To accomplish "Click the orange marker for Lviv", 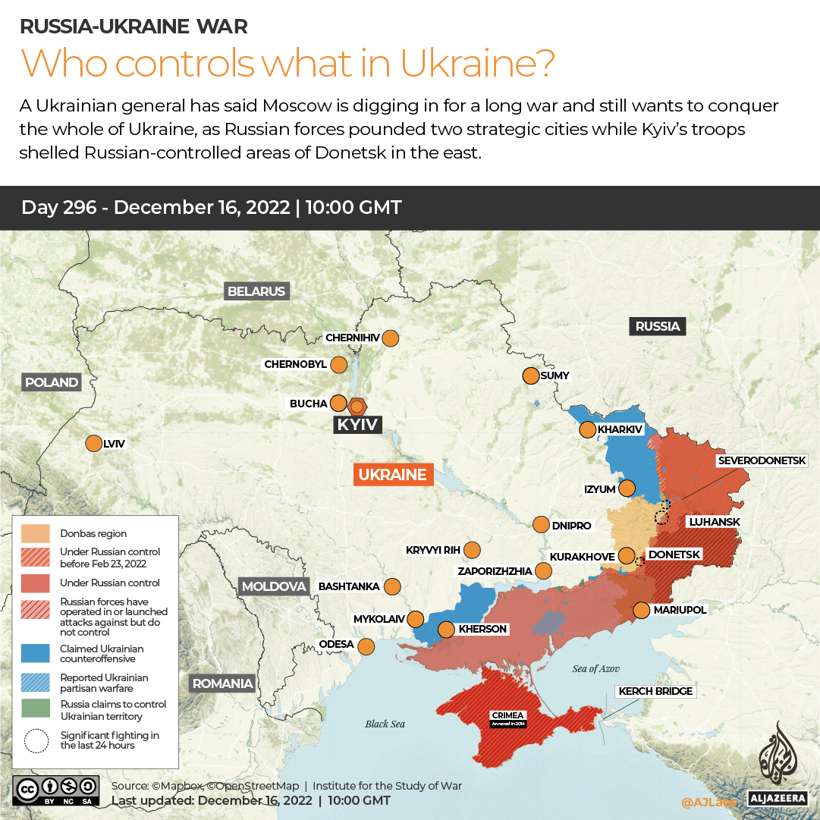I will coord(93,444).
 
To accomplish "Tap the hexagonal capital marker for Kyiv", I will coord(357,406).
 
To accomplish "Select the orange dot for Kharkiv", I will coord(587,430).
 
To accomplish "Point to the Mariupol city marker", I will coord(641,610).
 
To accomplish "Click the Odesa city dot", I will coord(366,646).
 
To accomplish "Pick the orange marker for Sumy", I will coord(530,375).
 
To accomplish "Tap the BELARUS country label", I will coord(256,291).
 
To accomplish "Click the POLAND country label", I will coord(52,382).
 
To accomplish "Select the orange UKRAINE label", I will coord(392,475).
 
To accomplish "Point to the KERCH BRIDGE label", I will coord(655,691).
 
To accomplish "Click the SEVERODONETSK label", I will coord(768,460).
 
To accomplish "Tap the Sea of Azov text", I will coord(595,668).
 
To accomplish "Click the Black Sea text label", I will coord(385,724).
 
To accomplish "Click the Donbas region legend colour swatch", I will coord(36,533).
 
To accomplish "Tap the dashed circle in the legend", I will coord(36,740).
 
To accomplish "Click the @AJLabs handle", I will coord(708,802).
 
